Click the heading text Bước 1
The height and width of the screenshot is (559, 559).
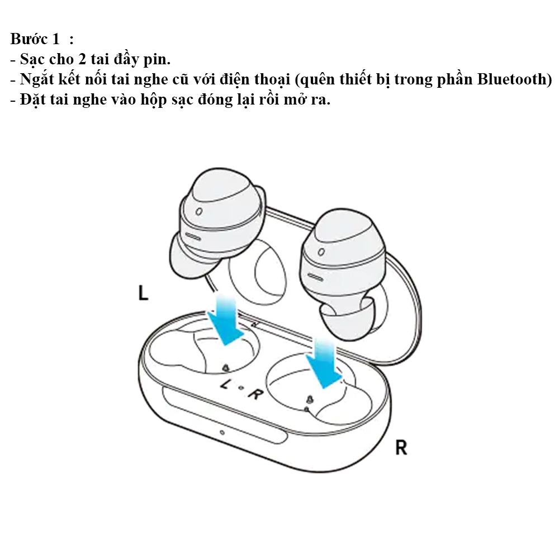point(35,40)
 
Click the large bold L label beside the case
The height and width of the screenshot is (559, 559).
point(143,293)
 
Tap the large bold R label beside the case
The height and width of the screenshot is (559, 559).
point(401,447)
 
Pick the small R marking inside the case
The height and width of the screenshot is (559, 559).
point(255,394)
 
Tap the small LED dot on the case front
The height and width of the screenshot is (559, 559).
point(222,433)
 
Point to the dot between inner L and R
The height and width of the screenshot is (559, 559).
point(241,389)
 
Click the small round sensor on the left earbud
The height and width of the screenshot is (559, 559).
point(199,212)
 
